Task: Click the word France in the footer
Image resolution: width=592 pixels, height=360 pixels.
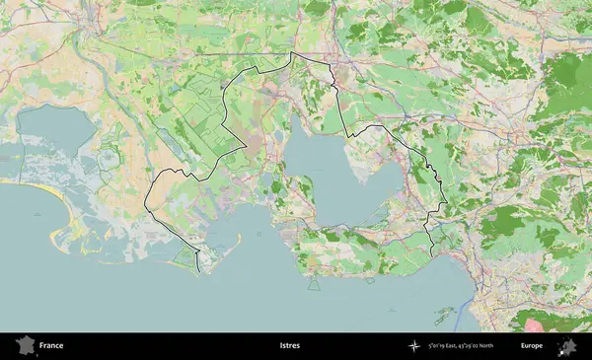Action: pyautogui.click(x=51, y=346)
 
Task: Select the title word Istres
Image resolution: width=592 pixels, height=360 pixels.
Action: pyautogui.click(x=290, y=346)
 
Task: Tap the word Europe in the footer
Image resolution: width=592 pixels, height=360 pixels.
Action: pyautogui.click(x=532, y=346)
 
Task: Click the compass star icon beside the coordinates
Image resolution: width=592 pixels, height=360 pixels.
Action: pyautogui.click(x=413, y=346)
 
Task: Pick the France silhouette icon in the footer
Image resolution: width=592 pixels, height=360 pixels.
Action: pyautogui.click(x=25, y=345)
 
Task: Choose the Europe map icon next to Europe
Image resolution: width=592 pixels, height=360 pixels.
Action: pyautogui.click(x=567, y=345)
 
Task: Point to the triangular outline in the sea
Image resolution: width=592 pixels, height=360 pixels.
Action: pyautogui.click(x=314, y=283)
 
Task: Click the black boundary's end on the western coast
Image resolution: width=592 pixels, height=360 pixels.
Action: pyautogui.click(x=198, y=271)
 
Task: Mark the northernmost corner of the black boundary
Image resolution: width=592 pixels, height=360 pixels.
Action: pyautogui.click(x=292, y=53)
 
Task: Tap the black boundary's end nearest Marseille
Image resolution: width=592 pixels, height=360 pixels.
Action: pyautogui.click(x=431, y=255)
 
